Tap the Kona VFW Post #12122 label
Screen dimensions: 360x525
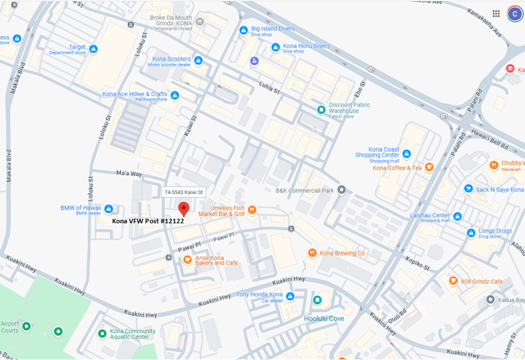(148, 221)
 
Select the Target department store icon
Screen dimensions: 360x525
(93, 49)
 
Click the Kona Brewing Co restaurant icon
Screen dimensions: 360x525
(312, 253)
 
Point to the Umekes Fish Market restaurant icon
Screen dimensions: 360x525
(252, 210)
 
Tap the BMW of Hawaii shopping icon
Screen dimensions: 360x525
(109, 209)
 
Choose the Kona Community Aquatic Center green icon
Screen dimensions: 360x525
(102, 334)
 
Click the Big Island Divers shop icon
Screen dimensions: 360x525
(243, 30)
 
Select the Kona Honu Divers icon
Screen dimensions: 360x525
(276, 47)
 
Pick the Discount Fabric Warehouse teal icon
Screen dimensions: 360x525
(321, 110)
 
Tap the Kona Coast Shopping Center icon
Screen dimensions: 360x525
(407, 153)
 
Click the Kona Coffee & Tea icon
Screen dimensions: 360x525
(429, 167)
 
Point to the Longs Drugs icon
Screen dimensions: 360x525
(471, 232)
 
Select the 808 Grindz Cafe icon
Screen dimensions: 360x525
(453, 281)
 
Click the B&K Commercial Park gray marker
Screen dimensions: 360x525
(341, 190)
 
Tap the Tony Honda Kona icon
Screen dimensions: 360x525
(290, 296)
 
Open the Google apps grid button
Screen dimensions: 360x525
(496, 14)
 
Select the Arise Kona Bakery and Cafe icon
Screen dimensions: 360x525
(187, 260)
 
